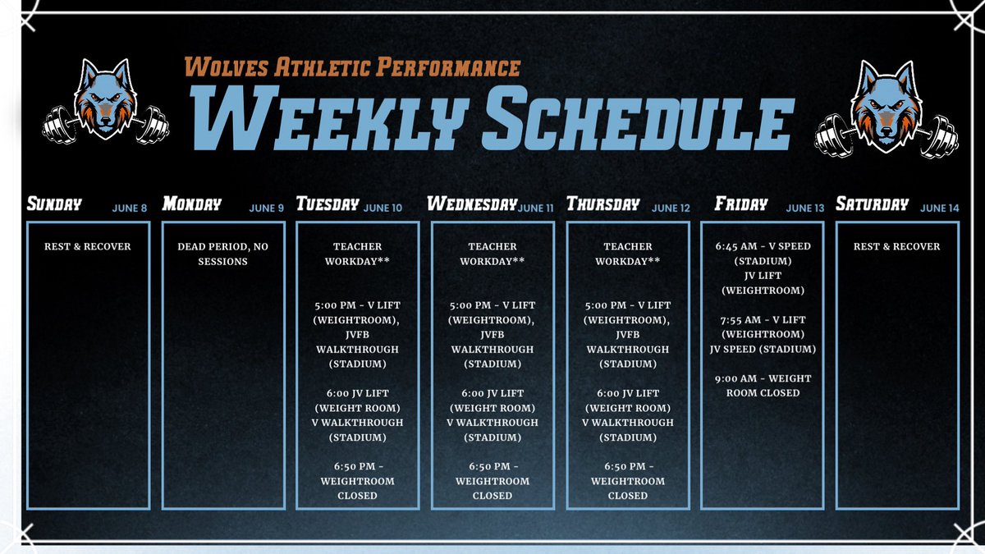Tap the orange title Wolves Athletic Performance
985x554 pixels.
click(x=352, y=66)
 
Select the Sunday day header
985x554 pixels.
click(x=55, y=204)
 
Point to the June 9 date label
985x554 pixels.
click(x=267, y=208)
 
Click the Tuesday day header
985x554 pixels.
click(x=328, y=204)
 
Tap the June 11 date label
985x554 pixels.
click(x=536, y=208)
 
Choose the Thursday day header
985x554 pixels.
click(x=602, y=204)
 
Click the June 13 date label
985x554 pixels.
click(x=804, y=208)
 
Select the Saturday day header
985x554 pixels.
click(x=872, y=204)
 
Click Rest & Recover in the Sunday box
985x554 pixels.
click(x=88, y=246)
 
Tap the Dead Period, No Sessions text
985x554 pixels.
click(x=223, y=254)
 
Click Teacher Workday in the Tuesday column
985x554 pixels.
click(x=358, y=254)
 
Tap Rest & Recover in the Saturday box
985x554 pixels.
click(x=896, y=246)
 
